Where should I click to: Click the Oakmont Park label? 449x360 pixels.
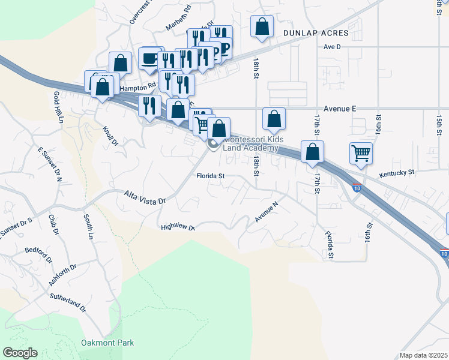coord(107,343)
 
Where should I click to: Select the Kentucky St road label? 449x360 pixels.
coord(397,173)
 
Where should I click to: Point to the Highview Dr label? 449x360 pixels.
coord(178,227)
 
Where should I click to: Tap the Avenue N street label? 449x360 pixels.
coord(267,212)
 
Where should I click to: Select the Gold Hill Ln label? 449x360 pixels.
coord(58,107)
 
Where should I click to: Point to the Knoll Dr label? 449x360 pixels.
coord(111,136)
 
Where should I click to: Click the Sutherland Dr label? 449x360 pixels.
coord(68,303)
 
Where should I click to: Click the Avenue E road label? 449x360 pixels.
coord(340,109)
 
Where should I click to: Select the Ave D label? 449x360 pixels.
coord(331,46)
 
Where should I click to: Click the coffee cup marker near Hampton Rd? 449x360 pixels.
coord(149,58)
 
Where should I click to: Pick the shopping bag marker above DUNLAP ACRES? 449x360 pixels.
coord(262,26)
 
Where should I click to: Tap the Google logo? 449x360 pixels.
coord(20,353)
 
